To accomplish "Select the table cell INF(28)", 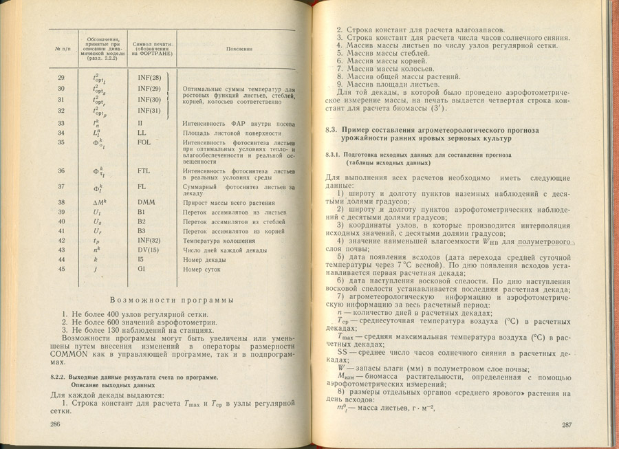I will pos(149,78).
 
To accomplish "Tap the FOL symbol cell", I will pos(144,142).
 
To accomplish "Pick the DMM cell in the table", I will pos(146,202).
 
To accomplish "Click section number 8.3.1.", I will pos(334,155).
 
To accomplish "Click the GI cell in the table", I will pos(142,270).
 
